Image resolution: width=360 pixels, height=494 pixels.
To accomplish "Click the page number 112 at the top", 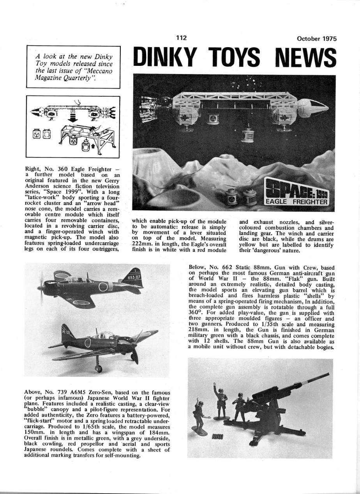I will point(181,38).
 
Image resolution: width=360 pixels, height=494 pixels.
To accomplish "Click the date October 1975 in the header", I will point(316,39).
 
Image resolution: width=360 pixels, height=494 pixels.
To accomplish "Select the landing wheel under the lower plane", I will point(98,369).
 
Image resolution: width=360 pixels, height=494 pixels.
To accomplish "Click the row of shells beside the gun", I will point(218,439).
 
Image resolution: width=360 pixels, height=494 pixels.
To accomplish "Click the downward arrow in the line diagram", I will point(71,118).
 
